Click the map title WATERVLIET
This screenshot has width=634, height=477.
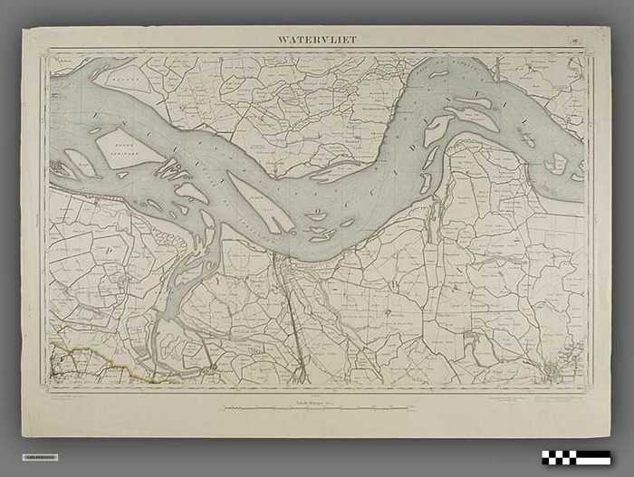pyautogui.click(x=318, y=39)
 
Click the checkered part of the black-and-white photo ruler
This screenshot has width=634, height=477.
pyautogui.click(x=562, y=457)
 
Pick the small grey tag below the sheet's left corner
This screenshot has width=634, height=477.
pyautogui.click(x=39, y=456)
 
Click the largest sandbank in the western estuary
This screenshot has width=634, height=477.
pyautogui.click(x=130, y=146)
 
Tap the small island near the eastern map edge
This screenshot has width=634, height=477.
pyautogui.click(x=558, y=164)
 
